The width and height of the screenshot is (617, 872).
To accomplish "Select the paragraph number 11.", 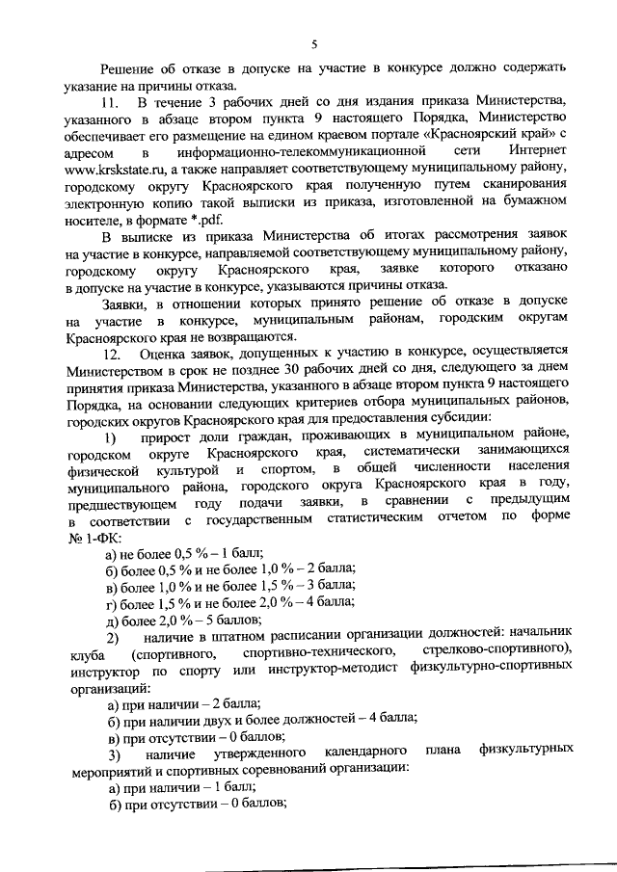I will [x=111, y=102].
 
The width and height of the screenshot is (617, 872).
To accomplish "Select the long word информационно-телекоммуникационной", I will [x=314, y=151].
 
